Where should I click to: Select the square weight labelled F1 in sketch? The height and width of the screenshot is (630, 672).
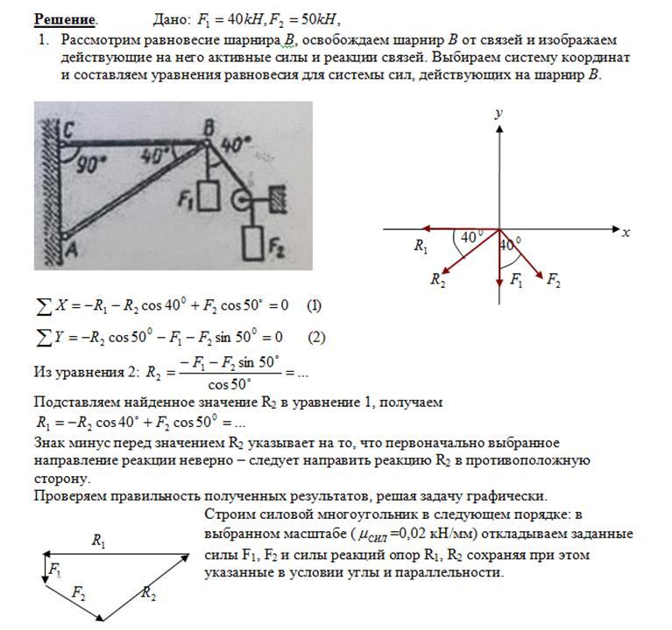point(207,198)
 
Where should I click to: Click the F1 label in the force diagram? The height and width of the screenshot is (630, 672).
point(517,280)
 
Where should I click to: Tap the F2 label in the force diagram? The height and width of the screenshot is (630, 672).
point(554,280)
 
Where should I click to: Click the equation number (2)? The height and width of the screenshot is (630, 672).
point(316,338)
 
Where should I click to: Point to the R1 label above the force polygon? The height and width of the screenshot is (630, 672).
point(98,542)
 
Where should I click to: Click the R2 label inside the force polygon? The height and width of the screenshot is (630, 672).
point(148,594)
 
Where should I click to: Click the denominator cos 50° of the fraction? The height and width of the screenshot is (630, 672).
point(230,384)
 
